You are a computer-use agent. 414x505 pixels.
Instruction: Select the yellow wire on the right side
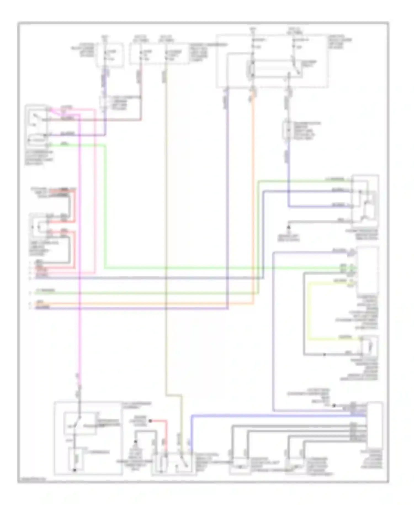[309, 309]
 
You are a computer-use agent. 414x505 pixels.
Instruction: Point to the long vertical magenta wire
[79, 249]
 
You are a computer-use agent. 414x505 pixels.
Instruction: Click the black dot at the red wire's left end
[150, 421]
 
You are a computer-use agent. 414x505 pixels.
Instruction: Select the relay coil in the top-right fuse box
[252, 69]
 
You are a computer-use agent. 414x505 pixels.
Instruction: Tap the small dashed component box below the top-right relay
[288, 130]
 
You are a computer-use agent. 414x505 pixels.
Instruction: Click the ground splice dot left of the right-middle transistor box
[289, 227]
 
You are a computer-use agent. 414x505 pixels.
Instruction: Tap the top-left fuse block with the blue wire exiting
[110, 54]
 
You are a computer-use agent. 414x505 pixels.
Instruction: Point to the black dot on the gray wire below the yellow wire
[325, 354]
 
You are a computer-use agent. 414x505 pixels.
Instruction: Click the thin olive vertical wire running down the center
[166, 221]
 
